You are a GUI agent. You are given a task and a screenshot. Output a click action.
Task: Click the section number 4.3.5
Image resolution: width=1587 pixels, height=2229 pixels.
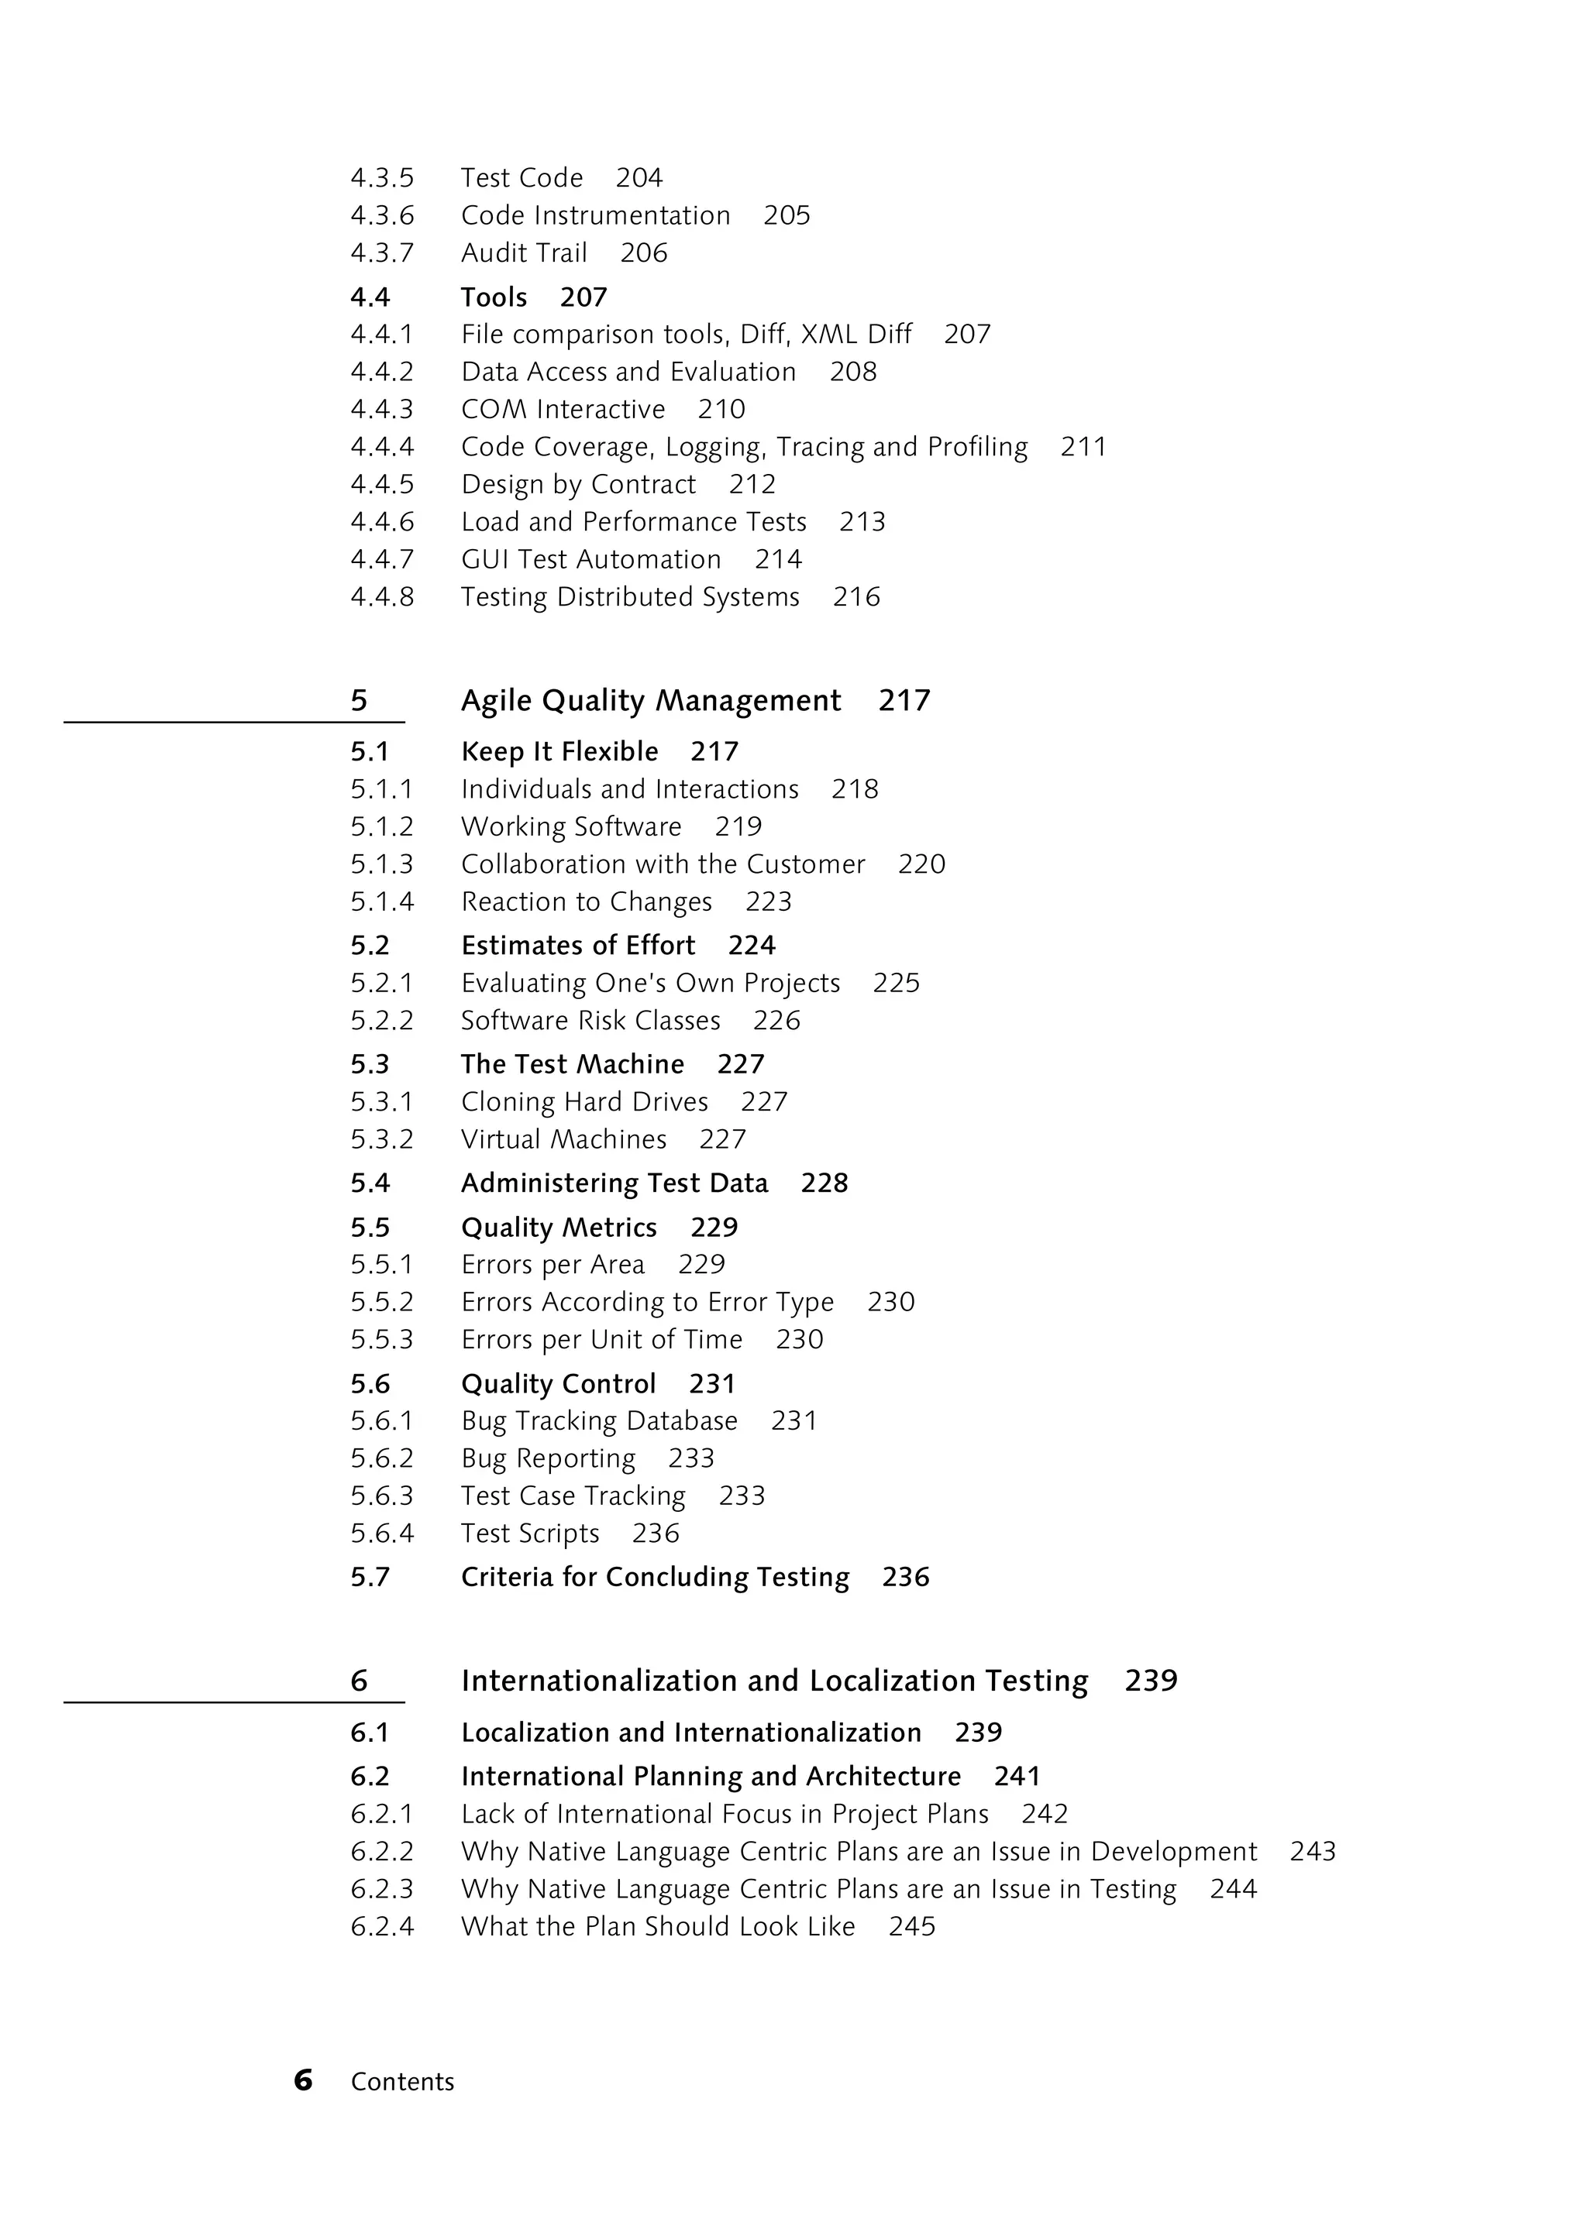pyautogui.click(x=382, y=178)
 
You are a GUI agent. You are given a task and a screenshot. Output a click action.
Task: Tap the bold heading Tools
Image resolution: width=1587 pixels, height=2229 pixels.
pyautogui.click(x=494, y=297)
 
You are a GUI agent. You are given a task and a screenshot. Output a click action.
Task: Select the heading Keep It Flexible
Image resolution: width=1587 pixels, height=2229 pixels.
pyautogui.click(x=559, y=751)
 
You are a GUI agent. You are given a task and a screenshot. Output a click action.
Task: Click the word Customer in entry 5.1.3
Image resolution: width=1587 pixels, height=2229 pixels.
pyautogui.click(x=805, y=864)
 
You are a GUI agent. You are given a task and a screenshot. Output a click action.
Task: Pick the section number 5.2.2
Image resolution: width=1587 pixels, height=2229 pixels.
pyautogui.click(x=382, y=1020)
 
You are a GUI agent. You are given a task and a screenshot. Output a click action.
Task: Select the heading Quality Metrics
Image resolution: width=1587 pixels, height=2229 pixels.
pyautogui.click(x=558, y=1227)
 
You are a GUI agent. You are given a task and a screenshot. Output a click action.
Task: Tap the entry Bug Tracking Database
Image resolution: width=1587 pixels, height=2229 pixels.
pyautogui.click(x=599, y=1420)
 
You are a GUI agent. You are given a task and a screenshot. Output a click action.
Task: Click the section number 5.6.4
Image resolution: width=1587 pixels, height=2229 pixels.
pyautogui.click(x=382, y=1533)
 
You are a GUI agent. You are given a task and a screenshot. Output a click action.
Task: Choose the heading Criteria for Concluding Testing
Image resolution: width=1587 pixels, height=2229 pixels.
pyautogui.click(x=655, y=1577)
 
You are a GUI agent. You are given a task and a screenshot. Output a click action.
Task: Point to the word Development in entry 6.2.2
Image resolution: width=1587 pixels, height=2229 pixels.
pyautogui.click(x=1172, y=1851)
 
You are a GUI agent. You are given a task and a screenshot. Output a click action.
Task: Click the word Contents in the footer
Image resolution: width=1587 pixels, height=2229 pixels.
pyautogui.click(x=403, y=2082)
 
